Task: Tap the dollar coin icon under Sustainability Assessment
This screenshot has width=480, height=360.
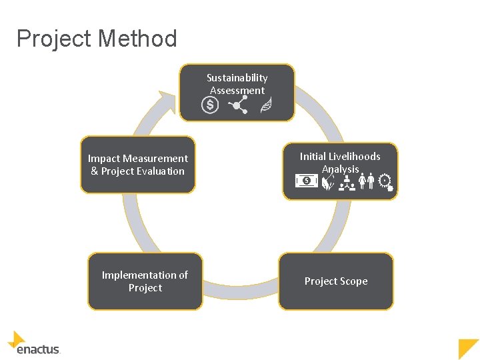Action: pos(210,105)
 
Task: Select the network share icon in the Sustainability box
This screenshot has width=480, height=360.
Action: pos(238,105)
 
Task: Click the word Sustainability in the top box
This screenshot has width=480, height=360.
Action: pos(237,78)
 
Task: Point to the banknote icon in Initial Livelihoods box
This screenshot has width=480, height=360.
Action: pos(306,181)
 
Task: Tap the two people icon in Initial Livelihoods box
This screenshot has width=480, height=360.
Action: pos(366,181)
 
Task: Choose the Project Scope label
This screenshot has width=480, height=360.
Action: pos(336,281)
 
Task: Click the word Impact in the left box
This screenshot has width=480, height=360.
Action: pos(103,159)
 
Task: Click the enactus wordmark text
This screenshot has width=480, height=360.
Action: pos(38,349)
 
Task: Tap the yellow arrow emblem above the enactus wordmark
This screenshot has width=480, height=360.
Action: pos(17,339)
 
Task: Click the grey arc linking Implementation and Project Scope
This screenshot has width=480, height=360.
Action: pos(240,294)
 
